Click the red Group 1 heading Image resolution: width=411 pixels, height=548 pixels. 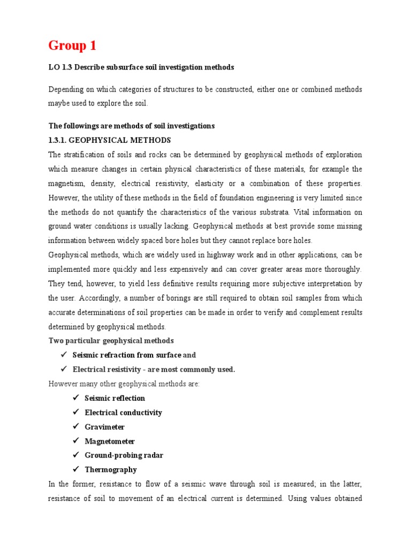tap(72, 46)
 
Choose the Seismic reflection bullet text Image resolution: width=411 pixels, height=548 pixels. tap(115, 398)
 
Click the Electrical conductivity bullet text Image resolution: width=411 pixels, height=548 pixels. tap(123, 413)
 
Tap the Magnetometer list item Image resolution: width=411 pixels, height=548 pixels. tap(110, 442)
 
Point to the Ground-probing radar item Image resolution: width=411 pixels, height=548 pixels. tap(124, 455)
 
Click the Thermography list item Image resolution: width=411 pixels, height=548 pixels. tap(111, 470)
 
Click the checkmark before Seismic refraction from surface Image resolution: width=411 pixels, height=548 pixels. tap(62, 355)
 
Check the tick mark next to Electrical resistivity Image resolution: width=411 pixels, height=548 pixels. tap(62, 369)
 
